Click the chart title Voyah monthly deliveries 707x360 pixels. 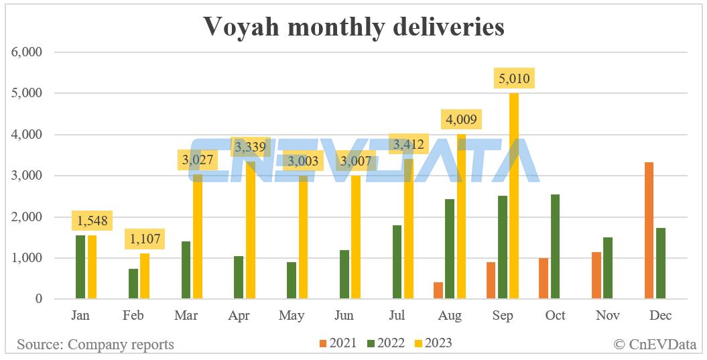tap(353, 26)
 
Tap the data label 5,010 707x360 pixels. tap(514, 79)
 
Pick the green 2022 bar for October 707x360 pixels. tap(554, 247)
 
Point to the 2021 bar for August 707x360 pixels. tap(438, 291)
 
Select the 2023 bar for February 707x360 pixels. tap(145, 276)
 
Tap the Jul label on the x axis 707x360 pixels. tap(397, 316)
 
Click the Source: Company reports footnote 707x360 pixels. tap(95, 345)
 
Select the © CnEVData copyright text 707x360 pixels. tap(655, 345)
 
